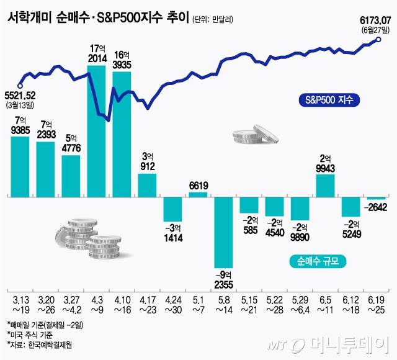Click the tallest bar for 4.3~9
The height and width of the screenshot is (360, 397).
96,130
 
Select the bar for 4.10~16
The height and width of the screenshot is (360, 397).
122,133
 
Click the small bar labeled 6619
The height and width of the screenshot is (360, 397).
198,194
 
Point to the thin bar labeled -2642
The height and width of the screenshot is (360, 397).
376,198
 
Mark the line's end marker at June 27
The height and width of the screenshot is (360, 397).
379,40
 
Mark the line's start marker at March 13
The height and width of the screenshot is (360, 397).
20,86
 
